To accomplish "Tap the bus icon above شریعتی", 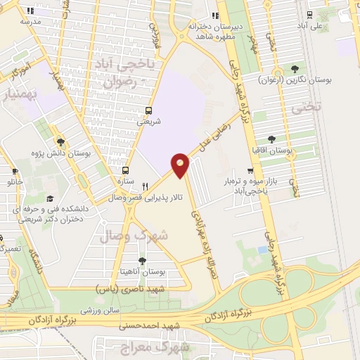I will [x=148, y=110].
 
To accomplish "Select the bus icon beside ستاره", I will [x=126, y=170].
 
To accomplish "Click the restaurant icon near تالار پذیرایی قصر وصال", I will [x=145, y=186].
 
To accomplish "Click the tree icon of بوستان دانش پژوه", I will [x=60, y=141].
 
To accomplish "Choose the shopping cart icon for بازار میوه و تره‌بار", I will [x=250, y=171].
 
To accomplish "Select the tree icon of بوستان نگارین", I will [x=295, y=69].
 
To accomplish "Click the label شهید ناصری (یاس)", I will [x=131, y=288].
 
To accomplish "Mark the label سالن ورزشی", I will [x=96, y=309].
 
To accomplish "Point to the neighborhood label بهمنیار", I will [x=20, y=94].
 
